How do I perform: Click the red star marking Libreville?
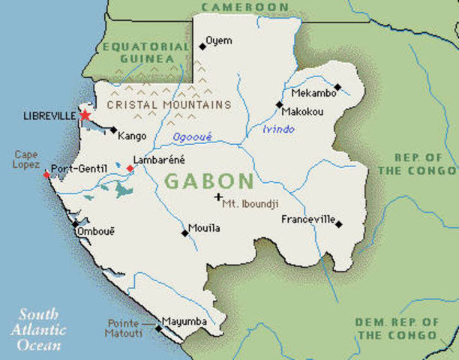tap(85, 115)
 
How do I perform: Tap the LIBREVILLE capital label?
tap(49, 116)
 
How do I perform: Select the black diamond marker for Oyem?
tap(202, 46)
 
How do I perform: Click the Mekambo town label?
tap(311, 94)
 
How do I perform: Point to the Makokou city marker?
tap(279, 105)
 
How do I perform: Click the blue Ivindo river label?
tap(278, 130)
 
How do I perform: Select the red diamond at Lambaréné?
tap(130, 169)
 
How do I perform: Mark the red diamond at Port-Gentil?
tap(46, 174)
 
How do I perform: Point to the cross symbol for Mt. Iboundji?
tap(218, 197)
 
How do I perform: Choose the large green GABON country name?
tap(209, 181)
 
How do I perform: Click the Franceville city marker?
tap(339, 223)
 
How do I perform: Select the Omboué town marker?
tap(74, 223)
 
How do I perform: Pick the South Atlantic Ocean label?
tap(39, 328)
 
